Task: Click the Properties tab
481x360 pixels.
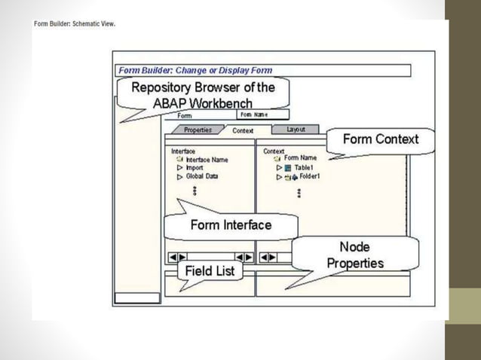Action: (198, 130)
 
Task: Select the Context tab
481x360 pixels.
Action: (243, 130)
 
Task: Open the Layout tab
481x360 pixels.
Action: (296, 130)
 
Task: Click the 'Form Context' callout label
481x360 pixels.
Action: (380, 139)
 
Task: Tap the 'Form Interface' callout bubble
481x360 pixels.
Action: (231, 224)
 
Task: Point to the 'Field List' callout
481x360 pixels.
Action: (210, 270)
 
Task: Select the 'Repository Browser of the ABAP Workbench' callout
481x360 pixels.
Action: (204, 95)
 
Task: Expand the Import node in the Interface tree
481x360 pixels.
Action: (180, 168)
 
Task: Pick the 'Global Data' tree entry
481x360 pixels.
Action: (201, 176)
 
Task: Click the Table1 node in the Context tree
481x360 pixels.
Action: (303, 167)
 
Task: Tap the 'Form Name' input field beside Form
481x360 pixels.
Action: (262, 114)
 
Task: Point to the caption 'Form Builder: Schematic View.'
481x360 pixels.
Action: (74, 23)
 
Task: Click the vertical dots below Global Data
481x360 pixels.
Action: (194, 191)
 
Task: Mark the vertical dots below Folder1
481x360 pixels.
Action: (299, 194)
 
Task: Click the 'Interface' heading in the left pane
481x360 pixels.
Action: (183, 151)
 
